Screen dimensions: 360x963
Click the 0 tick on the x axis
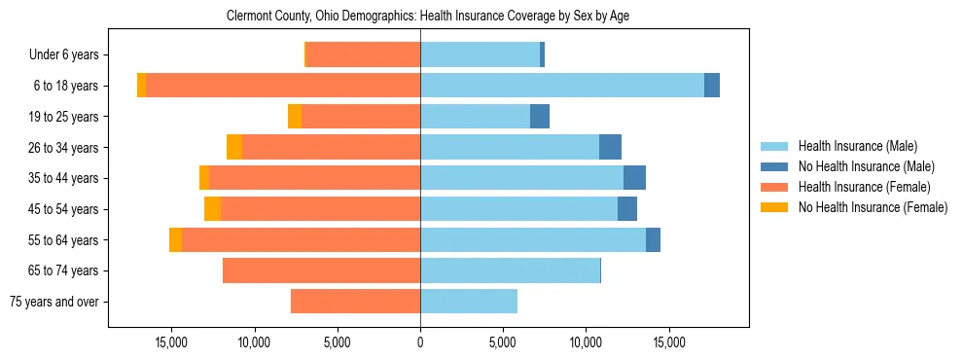coord(420,342)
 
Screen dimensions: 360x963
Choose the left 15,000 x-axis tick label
coord(171,342)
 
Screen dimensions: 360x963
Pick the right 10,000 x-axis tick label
coord(586,342)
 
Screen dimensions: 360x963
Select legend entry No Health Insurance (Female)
coord(873,207)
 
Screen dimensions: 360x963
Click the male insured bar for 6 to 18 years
coord(562,86)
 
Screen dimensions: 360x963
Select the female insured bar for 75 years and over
coord(355,302)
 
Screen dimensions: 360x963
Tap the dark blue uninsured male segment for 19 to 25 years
coord(540,117)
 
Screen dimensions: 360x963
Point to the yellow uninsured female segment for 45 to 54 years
coord(212,209)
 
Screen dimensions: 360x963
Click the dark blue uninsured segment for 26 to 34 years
coord(610,148)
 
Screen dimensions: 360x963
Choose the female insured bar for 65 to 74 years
coord(321,270)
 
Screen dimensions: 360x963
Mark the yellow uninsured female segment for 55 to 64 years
coord(175,240)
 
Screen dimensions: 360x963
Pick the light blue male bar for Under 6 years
coord(480,55)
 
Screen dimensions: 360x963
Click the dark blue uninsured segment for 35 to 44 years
coord(634,178)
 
